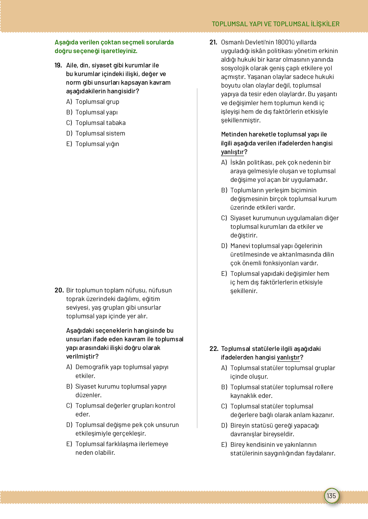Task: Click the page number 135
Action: coord(331,496)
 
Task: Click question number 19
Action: coord(58,66)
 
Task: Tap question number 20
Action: coord(59,290)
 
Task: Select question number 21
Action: coord(213,43)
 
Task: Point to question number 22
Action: coord(214,349)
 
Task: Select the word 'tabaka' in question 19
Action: coord(116,123)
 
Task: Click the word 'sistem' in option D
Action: coord(115,134)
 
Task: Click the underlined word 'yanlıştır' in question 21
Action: coord(232,152)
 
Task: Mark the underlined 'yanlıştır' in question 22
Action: coord(288,358)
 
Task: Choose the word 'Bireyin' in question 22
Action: coord(240,426)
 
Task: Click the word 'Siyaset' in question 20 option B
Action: coord(86,387)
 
